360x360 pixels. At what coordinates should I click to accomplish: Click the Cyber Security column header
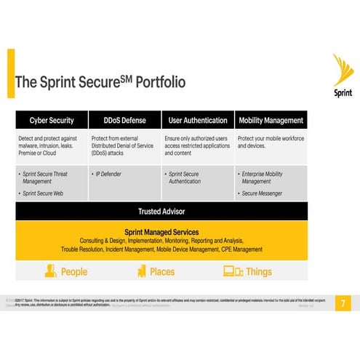pyautogui.click(x=51, y=120)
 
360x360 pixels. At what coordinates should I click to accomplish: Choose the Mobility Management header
pyautogui.click(x=271, y=120)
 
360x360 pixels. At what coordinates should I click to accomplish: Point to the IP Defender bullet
pyautogui.click(x=108, y=175)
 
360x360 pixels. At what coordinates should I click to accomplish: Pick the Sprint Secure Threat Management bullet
pyautogui.click(x=49, y=178)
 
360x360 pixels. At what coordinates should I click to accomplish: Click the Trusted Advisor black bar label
pyautogui.click(x=161, y=212)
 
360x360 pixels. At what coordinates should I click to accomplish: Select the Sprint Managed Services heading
pyautogui.click(x=161, y=232)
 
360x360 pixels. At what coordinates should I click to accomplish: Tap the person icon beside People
pyautogui.click(x=50, y=271)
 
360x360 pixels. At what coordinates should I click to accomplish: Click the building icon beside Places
pyautogui.click(x=142, y=271)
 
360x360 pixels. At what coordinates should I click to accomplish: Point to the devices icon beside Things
pyautogui.click(x=233, y=271)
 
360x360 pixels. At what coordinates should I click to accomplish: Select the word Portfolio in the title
pyautogui.click(x=154, y=81)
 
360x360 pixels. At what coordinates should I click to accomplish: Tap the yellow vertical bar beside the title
pyautogui.click(x=10, y=73)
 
